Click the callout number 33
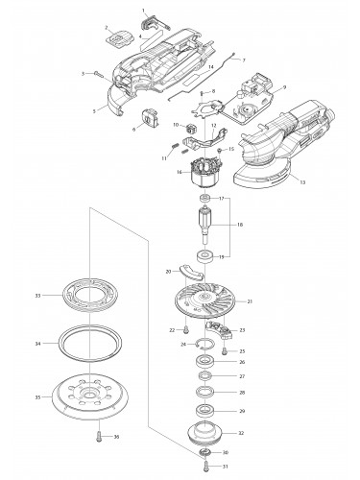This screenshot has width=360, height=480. click(36, 295)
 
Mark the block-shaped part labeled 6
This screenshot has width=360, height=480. click(149, 119)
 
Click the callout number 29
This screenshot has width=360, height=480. click(241, 411)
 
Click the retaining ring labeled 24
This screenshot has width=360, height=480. click(205, 343)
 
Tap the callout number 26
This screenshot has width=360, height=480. click(241, 362)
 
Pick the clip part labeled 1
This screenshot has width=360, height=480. click(147, 22)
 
